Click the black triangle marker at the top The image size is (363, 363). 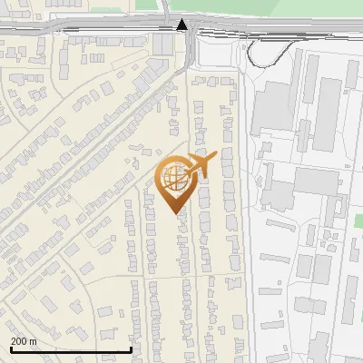pos(183,25)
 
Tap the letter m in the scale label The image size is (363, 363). pos(34,341)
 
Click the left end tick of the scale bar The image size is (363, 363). pos(10,348)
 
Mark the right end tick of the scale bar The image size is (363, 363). pos(132,348)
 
